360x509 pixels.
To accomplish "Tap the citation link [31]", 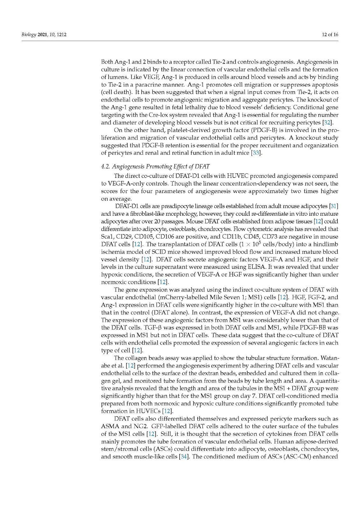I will click(x=334, y=206).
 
